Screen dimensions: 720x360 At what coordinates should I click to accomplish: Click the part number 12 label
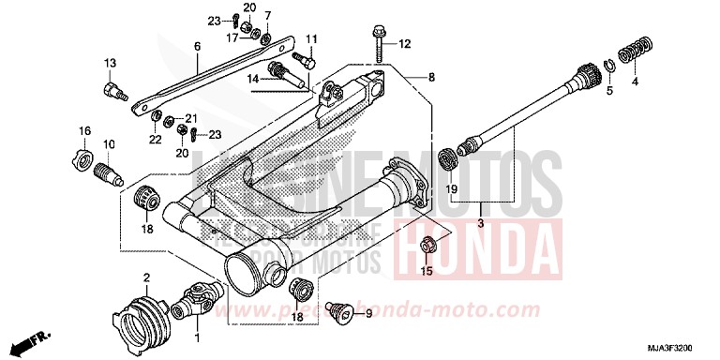pos(405,44)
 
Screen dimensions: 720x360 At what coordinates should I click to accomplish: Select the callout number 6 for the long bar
pos(197,46)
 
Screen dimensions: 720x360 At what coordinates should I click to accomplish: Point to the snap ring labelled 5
pos(608,65)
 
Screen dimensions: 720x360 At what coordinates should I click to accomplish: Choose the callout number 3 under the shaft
pos(479,223)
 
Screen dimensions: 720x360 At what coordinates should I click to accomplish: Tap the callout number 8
pos(432,77)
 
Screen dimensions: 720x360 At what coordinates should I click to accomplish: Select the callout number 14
pos(252,79)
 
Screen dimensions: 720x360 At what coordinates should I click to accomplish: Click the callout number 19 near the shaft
pos(451,190)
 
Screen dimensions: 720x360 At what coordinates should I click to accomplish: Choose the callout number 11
pos(311,38)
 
